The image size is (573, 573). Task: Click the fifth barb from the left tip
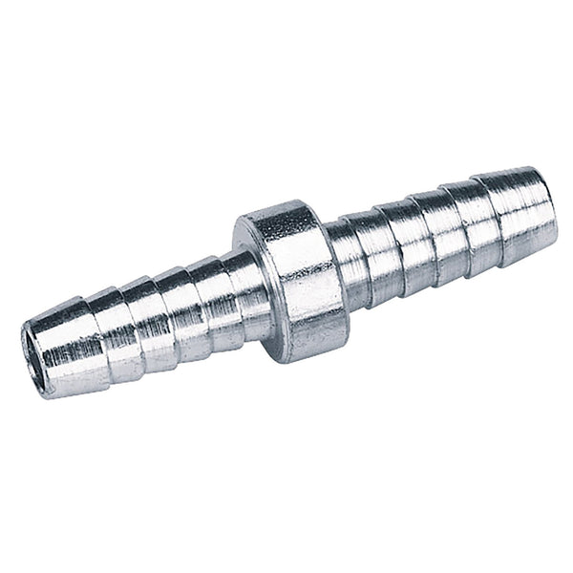(x=216, y=284)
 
